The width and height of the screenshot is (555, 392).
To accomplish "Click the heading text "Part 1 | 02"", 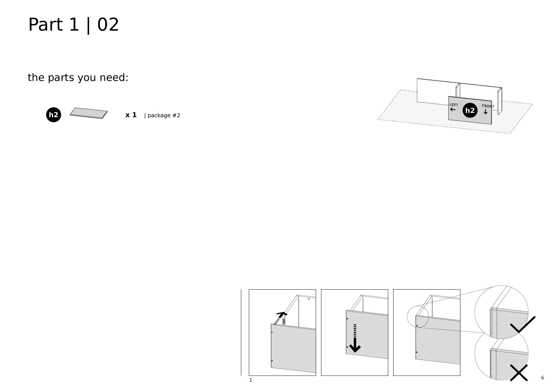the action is (73, 25).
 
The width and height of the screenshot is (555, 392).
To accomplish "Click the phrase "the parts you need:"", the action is (78, 78).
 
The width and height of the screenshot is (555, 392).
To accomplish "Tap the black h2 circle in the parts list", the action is (53, 115).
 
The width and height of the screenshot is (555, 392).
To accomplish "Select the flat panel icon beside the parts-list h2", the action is (88, 113).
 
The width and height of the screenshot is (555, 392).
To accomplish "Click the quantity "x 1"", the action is (131, 115).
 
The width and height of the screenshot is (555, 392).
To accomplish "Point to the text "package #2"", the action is (164, 115).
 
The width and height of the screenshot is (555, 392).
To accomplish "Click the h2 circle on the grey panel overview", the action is (470, 111).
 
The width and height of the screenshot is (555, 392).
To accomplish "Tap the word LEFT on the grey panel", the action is (454, 105).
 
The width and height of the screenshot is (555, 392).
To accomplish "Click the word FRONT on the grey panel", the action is (488, 106).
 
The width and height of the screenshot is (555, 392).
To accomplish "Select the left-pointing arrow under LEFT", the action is (453, 109).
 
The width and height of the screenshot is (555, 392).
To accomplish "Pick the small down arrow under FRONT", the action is (485, 112).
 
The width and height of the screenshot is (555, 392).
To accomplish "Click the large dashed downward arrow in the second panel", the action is (355, 339).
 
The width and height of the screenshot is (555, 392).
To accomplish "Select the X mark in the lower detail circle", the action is (519, 373).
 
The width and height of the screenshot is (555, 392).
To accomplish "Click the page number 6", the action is (542, 378).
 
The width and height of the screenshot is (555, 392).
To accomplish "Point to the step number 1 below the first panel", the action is (250, 380).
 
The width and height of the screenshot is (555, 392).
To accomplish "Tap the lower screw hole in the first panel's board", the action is (272, 361).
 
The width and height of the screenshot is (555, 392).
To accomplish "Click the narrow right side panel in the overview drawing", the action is (500, 101).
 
